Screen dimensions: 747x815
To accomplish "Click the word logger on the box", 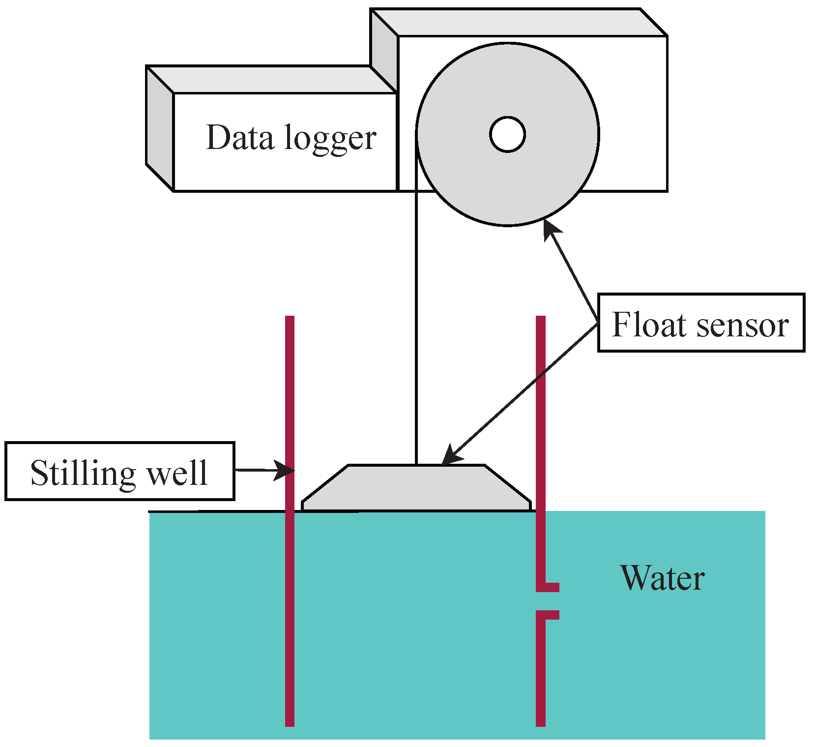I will (x=330, y=139).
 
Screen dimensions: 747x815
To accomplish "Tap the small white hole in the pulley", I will (x=507, y=134).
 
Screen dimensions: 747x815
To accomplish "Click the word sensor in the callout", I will (x=743, y=326).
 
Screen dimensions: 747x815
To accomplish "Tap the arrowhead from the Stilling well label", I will (x=285, y=470).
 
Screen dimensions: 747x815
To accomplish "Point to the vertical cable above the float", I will (x=416, y=320).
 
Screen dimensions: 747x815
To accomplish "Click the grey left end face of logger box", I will (x=160, y=128).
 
